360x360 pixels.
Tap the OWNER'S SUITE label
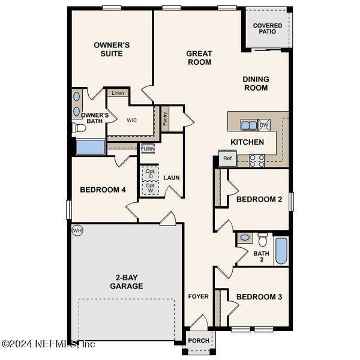pyautogui.click(x=112, y=49)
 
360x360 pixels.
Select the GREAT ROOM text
pyautogui.click(x=199, y=58)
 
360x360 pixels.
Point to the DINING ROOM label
pyautogui.click(x=256, y=83)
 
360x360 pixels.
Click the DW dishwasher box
pyautogui.click(x=264, y=125)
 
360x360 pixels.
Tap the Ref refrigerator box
pyautogui.click(x=227, y=158)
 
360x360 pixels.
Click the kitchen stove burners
pyautogui.click(x=257, y=160)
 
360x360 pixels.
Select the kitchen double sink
pyautogui.click(x=248, y=125)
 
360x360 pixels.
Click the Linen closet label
pyautogui.click(x=118, y=93)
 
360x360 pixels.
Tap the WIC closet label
pyautogui.click(x=132, y=119)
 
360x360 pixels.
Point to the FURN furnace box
pyautogui.click(x=148, y=149)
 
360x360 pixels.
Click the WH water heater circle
pyautogui.click(x=77, y=230)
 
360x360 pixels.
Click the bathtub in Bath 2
pyautogui.click(x=281, y=251)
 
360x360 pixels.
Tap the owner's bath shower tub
pyautogui.click(x=91, y=147)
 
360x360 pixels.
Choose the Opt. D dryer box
pyautogui.click(x=151, y=173)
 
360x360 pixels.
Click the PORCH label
pyautogui.click(x=199, y=341)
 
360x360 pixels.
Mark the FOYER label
pyautogui.click(x=198, y=296)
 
